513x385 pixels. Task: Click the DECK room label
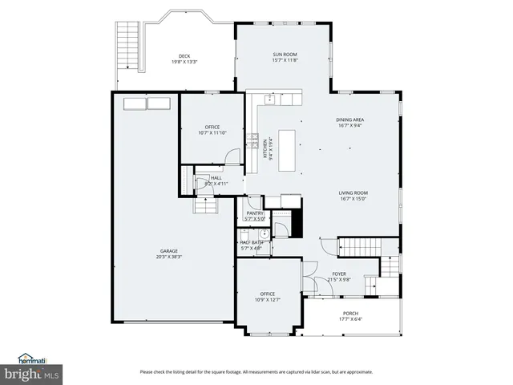[x=184, y=56]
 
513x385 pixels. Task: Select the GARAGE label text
[x=168, y=251]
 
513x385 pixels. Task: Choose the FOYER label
[x=340, y=274]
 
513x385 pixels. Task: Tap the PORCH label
[x=350, y=314]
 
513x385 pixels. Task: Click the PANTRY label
[x=255, y=213]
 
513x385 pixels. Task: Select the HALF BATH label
[x=252, y=242]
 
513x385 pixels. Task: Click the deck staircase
[x=127, y=44]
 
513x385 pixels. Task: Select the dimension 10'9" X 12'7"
[x=268, y=301]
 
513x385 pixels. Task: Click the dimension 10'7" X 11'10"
[x=212, y=133]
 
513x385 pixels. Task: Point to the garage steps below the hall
[x=206, y=206]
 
